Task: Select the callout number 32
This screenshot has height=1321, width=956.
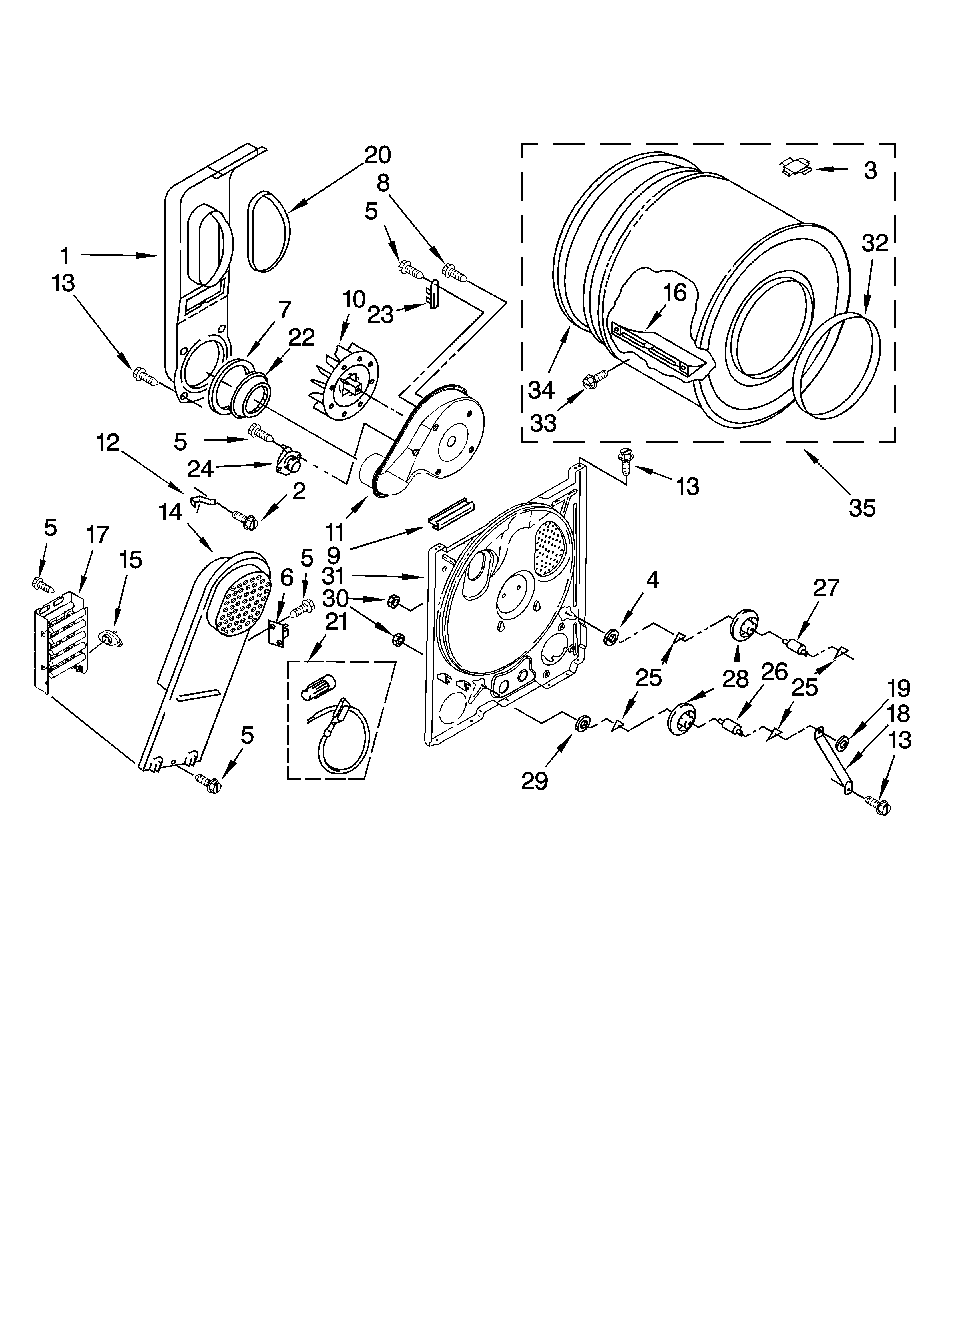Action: click(875, 243)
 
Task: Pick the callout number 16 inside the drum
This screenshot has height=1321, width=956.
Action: click(675, 293)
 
